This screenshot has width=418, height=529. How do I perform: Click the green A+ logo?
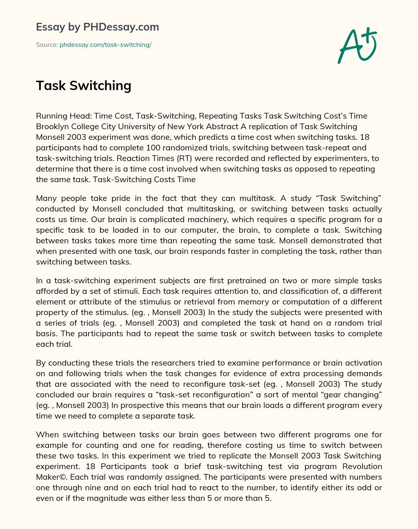pos(357,45)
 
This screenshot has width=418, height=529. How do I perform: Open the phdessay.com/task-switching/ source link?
pos(105,45)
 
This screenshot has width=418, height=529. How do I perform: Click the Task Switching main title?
pos(84,86)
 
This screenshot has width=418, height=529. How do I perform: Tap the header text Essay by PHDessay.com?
pos(98,27)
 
